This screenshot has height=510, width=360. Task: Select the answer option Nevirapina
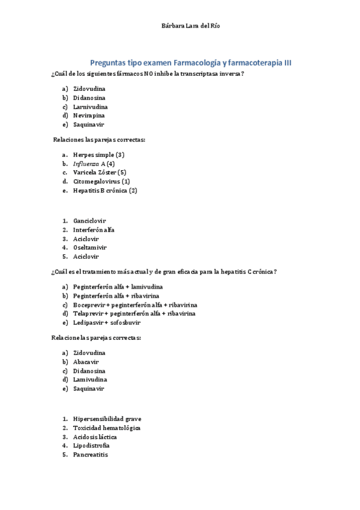pos(89,115)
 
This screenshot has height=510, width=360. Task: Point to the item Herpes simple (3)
pos(99,155)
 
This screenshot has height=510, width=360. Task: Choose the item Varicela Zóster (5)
pos(100,173)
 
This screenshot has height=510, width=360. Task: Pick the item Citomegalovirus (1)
pos(102,182)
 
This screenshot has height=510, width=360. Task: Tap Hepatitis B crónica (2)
pos(105,191)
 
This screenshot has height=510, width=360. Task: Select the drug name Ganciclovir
pos(90,221)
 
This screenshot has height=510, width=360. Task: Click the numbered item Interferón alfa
pos(94,230)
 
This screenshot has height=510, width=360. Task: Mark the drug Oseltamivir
pos(90,247)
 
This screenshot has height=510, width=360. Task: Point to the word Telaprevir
pos(88,313)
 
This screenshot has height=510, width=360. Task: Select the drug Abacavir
pos(86,361)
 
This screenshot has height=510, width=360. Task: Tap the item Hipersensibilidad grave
pos(108,419)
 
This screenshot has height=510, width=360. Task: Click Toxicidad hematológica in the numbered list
pos(107,428)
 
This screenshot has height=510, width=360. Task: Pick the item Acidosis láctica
pos(95,437)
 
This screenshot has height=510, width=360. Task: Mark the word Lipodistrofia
pos(91,446)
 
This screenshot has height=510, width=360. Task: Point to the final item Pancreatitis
pos(91,455)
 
